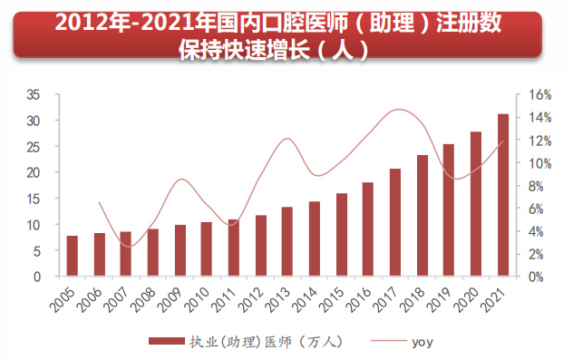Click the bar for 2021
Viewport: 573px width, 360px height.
(502, 195)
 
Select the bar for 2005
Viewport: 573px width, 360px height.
(73, 256)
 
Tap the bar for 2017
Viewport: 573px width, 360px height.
(395, 222)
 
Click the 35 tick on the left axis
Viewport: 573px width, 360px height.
(33, 94)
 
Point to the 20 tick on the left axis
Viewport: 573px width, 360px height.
(33, 172)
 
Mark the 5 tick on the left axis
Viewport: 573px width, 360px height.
(36, 250)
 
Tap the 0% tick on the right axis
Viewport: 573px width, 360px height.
(538, 277)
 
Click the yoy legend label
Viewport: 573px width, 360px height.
(422, 342)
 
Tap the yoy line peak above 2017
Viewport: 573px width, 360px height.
(399, 110)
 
